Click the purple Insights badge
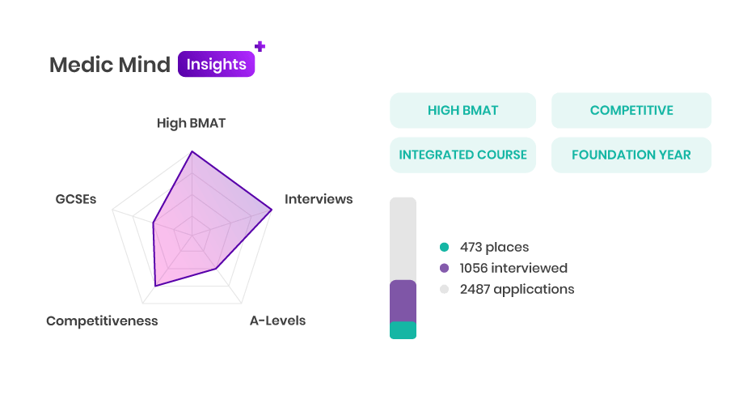pyautogui.click(x=217, y=64)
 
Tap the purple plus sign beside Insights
pyautogui.click(x=260, y=46)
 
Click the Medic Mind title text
pyautogui.click(x=110, y=65)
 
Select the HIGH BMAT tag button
pyautogui.click(x=462, y=110)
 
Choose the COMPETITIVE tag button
pyautogui.click(x=631, y=110)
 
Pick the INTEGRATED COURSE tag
pyautogui.click(x=462, y=155)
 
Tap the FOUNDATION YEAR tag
pyautogui.click(x=631, y=155)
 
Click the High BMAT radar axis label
pyautogui.click(x=192, y=123)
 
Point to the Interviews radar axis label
pyautogui.click(x=319, y=199)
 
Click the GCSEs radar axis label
pyautogui.click(x=76, y=199)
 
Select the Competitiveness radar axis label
pyautogui.click(x=102, y=321)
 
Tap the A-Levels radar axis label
pyautogui.click(x=277, y=321)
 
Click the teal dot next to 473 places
pyautogui.click(x=444, y=247)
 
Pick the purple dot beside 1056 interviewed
pyautogui.click(x=444, y=268)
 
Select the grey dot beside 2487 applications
pyautogui.click(x=444, y=289)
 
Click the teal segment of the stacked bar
pyautogui.click(x=403, y=330)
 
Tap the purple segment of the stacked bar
pyautogui.click(x=403, y=301)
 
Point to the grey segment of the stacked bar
pyautogui.click(x=403, y=239)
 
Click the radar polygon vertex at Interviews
pyautogui.click(x=272, y=210)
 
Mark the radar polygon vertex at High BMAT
pyautogui.click(x=192, y=151)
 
